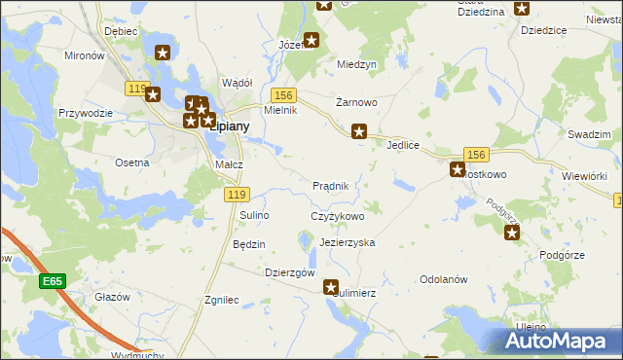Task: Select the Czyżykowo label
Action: click(x=337, y=216)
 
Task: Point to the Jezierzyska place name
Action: click(x=347, y=242)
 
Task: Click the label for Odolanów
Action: click(x=444, y=278)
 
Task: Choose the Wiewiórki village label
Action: click(x=585, y=175)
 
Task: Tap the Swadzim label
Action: click(x=588, y=134)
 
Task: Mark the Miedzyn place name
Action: click(x=356, y=64)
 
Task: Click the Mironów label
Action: click(x=84, y=56)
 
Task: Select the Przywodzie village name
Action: click(x=85, y=113)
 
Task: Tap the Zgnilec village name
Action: click(x=222, y=301)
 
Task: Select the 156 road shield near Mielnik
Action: click(x=283, y=94)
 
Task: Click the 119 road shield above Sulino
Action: click(x=235, y=195)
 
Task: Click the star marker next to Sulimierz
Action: click(x=331, y=288)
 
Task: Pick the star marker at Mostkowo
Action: click(x=457, y=170)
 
